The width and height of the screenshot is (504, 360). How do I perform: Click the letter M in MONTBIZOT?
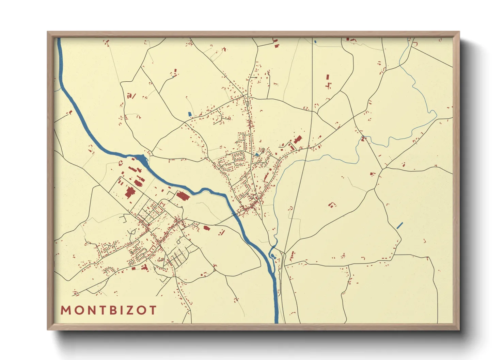tap(65, 310)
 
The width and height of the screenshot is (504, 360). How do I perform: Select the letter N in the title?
tap(89, 310)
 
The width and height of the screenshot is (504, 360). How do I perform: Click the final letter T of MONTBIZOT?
tap(153, 310)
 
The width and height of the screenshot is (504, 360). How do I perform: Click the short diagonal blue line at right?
tap(400, 225)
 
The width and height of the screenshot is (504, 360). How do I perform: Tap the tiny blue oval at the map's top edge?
tap(315, 42)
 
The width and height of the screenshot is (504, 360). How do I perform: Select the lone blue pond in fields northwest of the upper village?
tap(190, 114)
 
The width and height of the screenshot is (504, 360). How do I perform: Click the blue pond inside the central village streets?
tap(257, 155)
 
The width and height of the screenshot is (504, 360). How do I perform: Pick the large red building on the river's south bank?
tap(183, 196)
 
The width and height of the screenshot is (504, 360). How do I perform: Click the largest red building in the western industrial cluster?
tap(129, 193)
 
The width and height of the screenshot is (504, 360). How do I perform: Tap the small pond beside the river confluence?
tap(272, 256)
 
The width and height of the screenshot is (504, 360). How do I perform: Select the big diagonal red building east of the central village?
tap(298, 140)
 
